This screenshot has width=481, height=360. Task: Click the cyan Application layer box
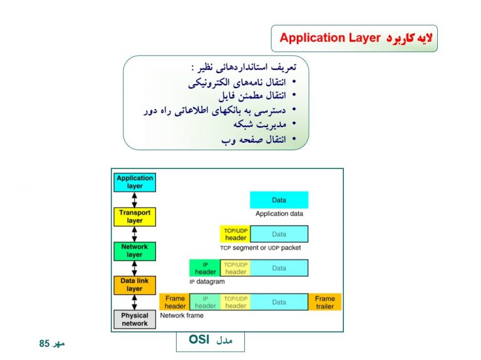coord(135,182)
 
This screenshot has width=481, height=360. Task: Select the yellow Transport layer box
coord(135,217)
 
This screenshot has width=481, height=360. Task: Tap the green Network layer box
coord(135,251)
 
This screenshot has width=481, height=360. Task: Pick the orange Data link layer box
coord(135,285)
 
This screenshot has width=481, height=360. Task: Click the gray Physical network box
coord(135,319)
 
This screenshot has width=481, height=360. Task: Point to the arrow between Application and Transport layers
coord(135,200)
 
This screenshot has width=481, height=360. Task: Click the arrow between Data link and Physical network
coord(135,302)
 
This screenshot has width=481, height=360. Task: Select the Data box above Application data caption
coord(279,200)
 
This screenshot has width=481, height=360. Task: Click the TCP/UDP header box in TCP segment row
coord(235,234)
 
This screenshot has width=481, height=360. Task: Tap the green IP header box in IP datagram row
coord(205,268)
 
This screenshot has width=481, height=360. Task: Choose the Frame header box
coord(175,302)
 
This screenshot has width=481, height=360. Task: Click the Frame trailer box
coord(324,302)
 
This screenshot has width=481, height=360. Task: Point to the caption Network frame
coord(182,316)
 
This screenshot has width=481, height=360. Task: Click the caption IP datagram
coord(207,282)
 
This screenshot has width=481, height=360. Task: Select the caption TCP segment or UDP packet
coord(261,248)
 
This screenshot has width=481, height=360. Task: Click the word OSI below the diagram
coord(199,340)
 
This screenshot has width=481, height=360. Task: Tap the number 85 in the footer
coord(44,344)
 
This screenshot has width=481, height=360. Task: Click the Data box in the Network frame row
coord(279,302)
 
